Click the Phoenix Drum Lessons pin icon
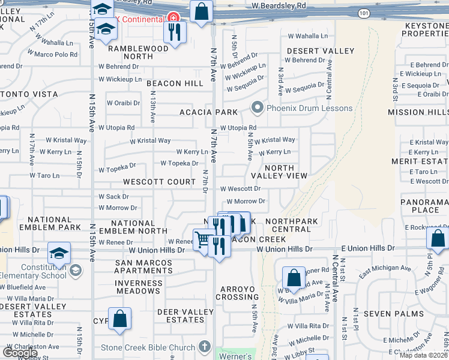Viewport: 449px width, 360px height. (258, 109)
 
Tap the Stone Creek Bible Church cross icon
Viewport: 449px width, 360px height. (204, 347)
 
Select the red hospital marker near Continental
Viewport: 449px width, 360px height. (173, 18)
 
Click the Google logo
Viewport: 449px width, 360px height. (20, 353)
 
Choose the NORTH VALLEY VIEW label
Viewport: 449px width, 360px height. (279, 172)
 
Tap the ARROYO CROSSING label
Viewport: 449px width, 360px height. (237, 293)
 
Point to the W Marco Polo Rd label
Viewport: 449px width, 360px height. (56, 55)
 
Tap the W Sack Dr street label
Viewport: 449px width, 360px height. (113, 197)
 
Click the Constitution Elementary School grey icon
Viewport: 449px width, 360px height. (76, 271)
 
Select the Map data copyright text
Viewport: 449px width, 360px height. (424, 355)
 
